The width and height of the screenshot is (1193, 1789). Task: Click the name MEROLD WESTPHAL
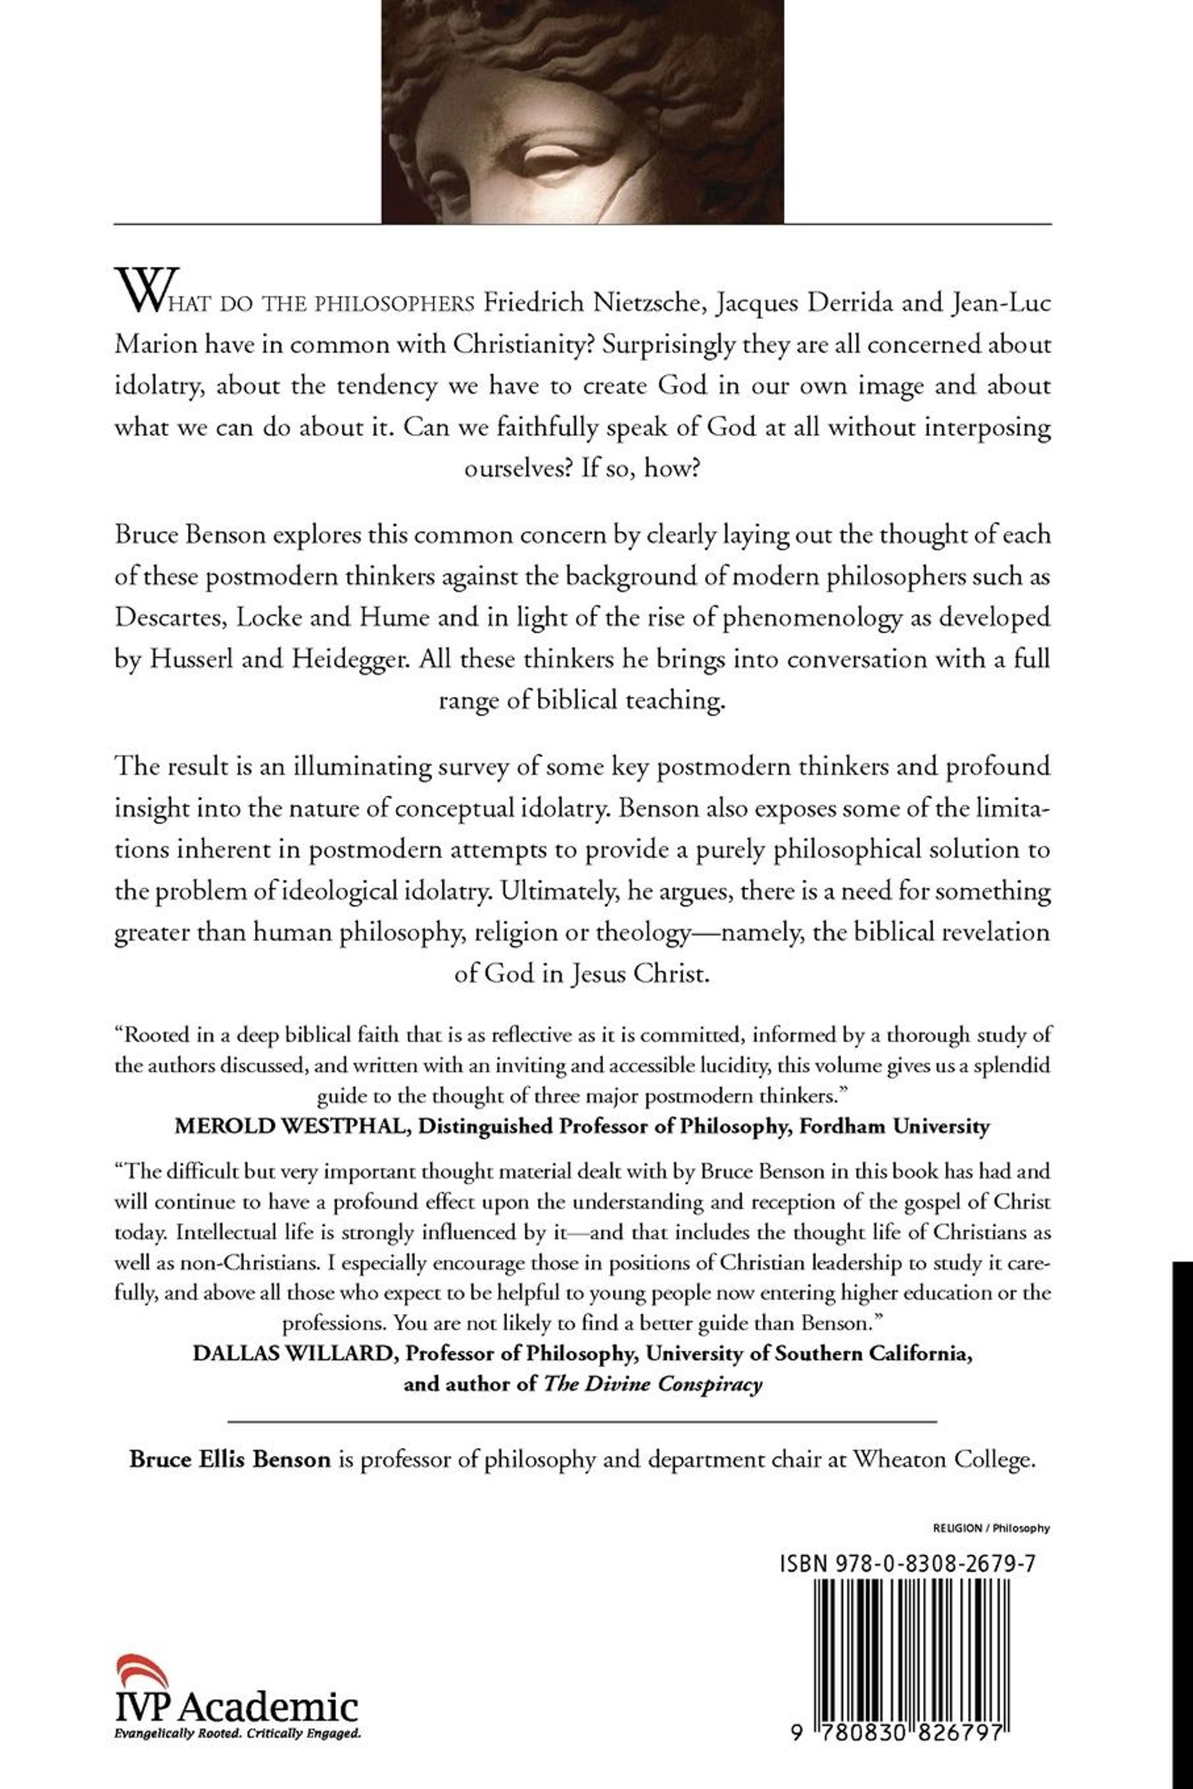pos(290,1126)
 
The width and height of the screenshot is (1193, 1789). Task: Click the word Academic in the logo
pos(271,1707)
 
